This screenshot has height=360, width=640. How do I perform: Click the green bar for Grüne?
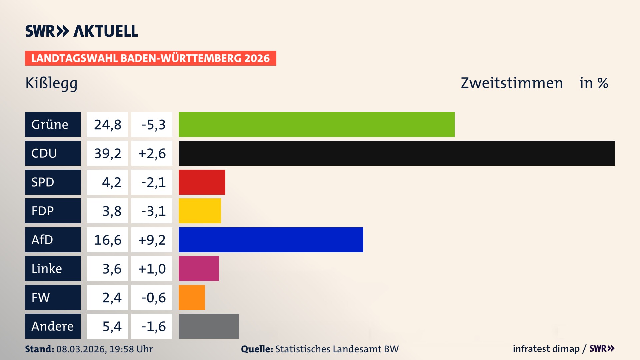(316, 124)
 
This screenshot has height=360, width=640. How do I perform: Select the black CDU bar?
(397, 153)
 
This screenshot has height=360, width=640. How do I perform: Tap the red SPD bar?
(202, 182)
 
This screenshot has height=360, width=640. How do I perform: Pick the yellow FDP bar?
(200, 211)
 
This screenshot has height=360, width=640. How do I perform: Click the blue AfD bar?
(271, 240)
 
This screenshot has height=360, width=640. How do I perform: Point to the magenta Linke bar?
(199, 268)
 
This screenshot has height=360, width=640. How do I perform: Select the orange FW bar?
(192, 297)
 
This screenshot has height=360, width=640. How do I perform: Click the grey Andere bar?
(209, 326)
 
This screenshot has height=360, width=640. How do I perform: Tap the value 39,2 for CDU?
(107, 153)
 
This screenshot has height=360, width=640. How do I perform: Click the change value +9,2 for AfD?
(152, 240)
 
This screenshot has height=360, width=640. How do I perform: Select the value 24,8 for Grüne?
(107, 125)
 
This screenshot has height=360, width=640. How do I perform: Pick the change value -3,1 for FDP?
(153, 211)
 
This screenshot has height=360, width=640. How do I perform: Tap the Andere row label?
(53, 326)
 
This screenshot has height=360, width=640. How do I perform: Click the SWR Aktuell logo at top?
(81, 31)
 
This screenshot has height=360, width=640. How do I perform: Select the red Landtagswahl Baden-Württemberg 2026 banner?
(150, 58)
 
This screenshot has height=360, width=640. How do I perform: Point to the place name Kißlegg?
(51, 83)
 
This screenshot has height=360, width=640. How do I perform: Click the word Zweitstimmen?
(512, 83)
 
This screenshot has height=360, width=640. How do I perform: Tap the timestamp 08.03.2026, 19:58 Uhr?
(104, 349)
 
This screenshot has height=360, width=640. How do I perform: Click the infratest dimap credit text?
(546, 349)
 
